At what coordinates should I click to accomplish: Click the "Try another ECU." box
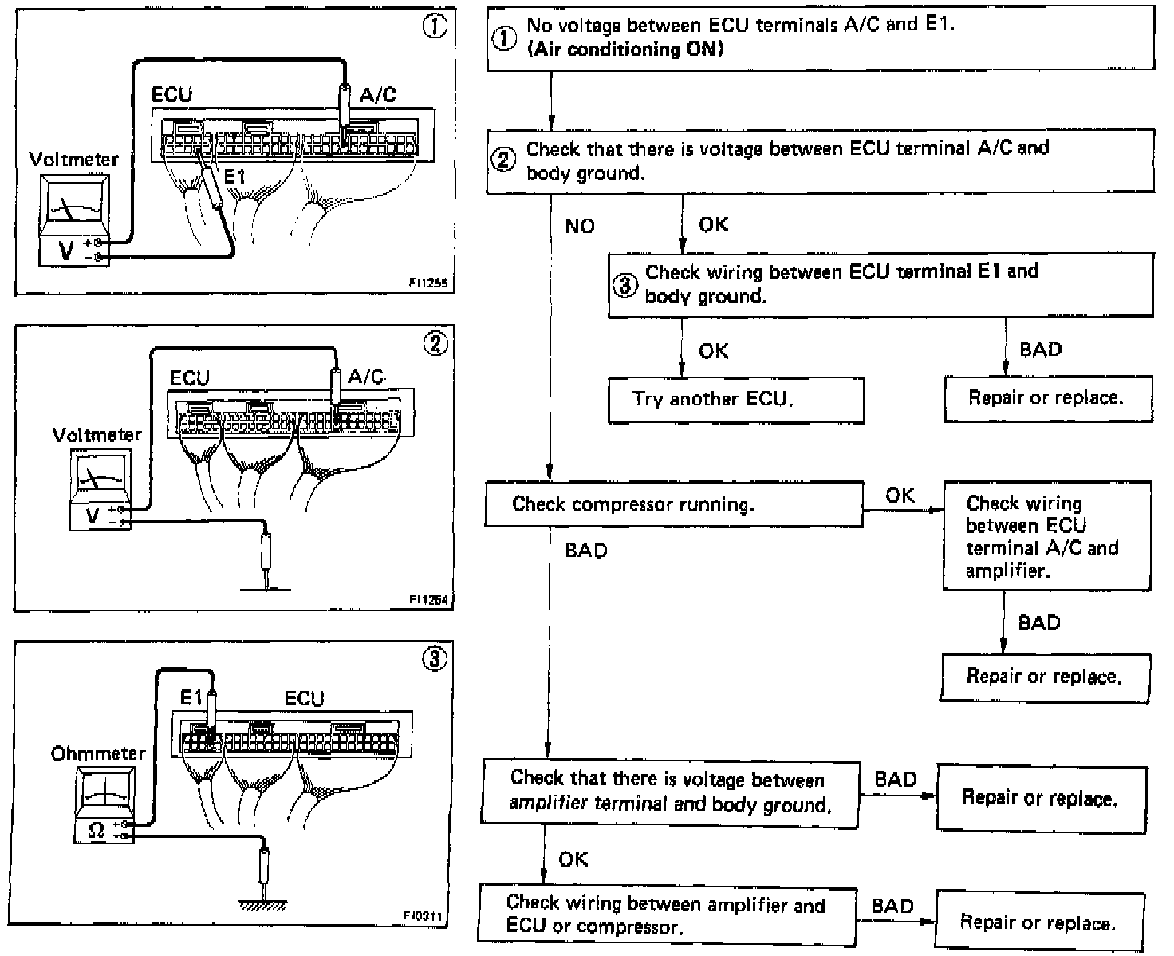tap(735, 399)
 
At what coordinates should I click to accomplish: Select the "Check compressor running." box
tap(674, 504)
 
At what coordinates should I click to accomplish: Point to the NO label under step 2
tap(580, 227)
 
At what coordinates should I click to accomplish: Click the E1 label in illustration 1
tap(234, 176)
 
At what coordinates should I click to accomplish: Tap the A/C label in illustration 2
tap(366, 377)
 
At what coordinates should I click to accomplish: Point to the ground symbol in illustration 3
tap(264, 903)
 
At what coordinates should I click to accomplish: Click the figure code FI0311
tap(423, 916)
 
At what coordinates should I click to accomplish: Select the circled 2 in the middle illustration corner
tap(435, 344)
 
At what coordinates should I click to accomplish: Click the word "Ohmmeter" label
tap(98, 753)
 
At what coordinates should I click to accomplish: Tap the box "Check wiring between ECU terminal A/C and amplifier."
tap(1046, 536)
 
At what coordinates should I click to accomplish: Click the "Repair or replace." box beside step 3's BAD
tap(1047, 398)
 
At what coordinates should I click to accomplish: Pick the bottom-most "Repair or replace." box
tap(1039, 922)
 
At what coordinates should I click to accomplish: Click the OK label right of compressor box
tap(900, 496)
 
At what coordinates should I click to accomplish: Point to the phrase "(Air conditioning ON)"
tap(625, 49)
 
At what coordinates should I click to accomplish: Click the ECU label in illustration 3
tap(305, 699)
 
